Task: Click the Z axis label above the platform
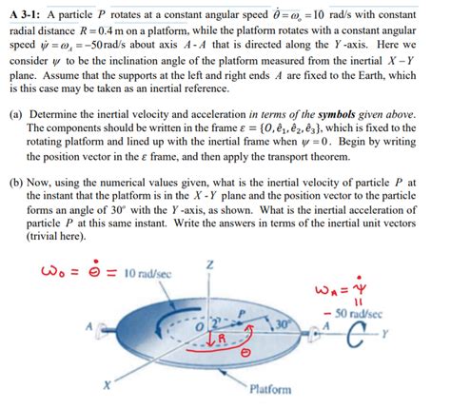[x=221, y=263]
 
